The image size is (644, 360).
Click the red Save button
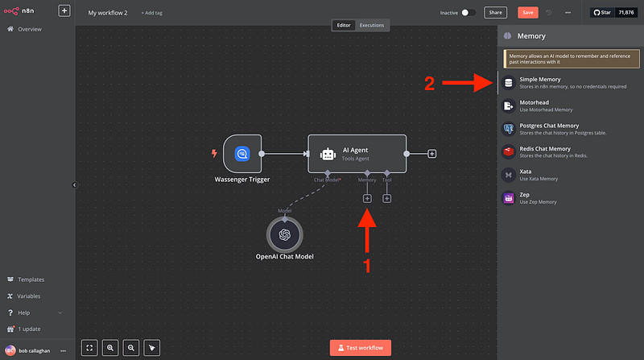point(528,13)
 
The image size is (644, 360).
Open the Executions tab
point(372,25)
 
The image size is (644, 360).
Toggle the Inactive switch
point(469,13)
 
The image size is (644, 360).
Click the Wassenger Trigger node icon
point(242,153)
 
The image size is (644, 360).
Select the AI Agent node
point(357,153)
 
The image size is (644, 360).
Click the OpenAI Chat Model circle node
point(284,234)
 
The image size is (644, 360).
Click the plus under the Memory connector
point(367,198)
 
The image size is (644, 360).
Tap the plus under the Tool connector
point(387,198)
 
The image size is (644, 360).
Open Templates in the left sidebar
point(31,279)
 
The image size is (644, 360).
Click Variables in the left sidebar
point(31,296)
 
